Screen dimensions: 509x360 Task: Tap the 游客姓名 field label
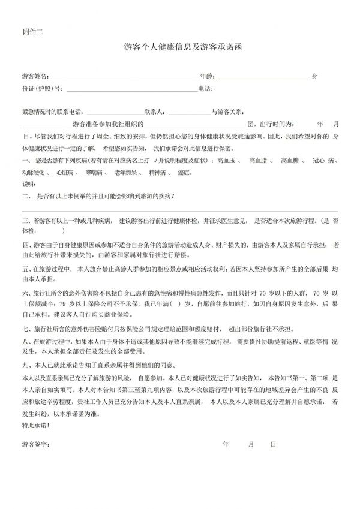point(35,77)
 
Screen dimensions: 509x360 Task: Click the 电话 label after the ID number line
point(205,89)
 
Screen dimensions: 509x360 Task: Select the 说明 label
point(29,184)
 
